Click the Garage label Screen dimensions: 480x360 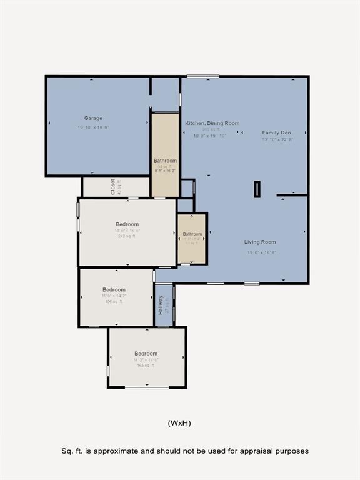coord(93,118)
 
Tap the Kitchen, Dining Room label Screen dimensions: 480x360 coord(212,124)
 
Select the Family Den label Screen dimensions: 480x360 coord(276,132)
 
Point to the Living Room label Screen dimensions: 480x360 coord(260,242)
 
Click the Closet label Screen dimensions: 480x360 coord(113,187)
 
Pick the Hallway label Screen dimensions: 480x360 coord(161,304)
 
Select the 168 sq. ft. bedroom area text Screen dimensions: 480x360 coord(145,366)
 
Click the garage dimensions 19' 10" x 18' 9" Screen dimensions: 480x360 coord(93,127)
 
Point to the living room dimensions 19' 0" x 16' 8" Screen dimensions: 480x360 coord(260,252)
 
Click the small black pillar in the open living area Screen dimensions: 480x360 coord(257,189)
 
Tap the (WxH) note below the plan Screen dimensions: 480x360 coord(179,423)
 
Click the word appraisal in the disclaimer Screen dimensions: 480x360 coord(246,451)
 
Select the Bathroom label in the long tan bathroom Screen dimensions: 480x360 coord(165,161)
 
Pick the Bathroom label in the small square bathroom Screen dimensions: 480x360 coord(192,234)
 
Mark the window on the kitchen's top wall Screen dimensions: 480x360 coord(203,77)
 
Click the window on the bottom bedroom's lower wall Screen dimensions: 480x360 coord(147,387)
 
